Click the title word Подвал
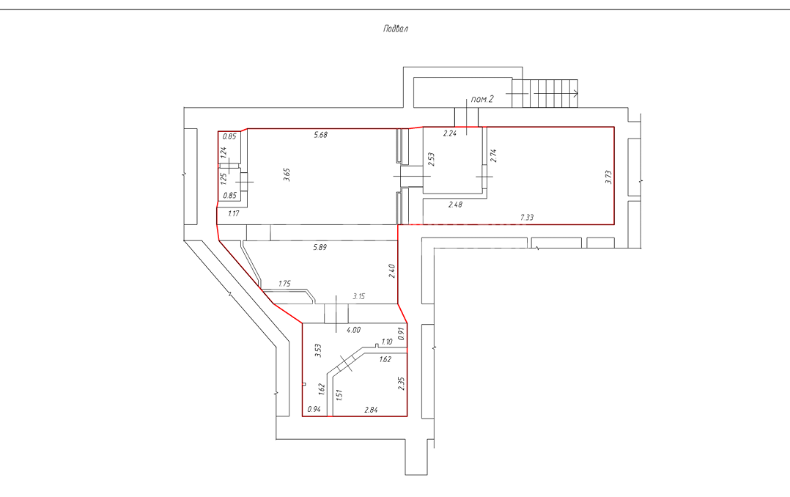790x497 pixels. tap(396, 29)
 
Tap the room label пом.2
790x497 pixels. tap(482, 99)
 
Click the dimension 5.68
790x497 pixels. tap(320, 135)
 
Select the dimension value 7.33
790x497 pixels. tap(526, 217)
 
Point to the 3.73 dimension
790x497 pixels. tap(608, 177)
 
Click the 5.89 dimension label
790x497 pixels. tap(320, 247)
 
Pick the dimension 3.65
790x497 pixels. tap(287, 174)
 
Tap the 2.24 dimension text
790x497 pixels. tap(449, 133)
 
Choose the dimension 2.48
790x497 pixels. tap(455, 204)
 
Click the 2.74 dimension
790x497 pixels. tap(493, 155)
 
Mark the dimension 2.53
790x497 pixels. tap(431, 159)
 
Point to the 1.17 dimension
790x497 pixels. tap(233, 213)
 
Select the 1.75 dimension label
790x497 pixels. tap(284, 283)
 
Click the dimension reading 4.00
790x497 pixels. tap(353, 330)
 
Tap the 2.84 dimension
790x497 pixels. tap(371, 410)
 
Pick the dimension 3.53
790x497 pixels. tap(318, 350)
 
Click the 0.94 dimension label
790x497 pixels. tap(314, 409)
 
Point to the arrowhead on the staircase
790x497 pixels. tap(575, 93)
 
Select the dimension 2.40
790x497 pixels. tap(392, 270)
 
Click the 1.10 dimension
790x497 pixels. tap(386, 342)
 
